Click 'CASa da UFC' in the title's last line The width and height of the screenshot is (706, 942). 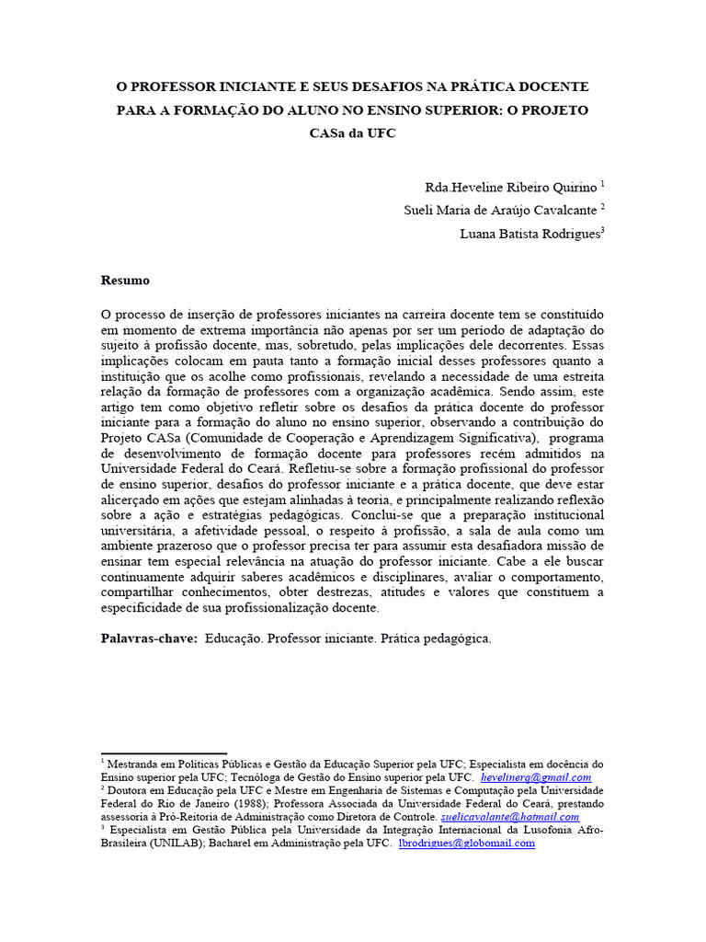coord(353,132)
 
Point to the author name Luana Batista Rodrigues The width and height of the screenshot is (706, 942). coord(529,234)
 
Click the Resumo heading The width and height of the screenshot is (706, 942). coord(124,280)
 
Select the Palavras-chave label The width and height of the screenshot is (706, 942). coord(148,638)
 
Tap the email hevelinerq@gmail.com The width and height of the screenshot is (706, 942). coord(537,777)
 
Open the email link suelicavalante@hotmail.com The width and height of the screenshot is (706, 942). coord(510,816)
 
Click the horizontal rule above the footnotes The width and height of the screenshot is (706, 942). coord(163,753)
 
